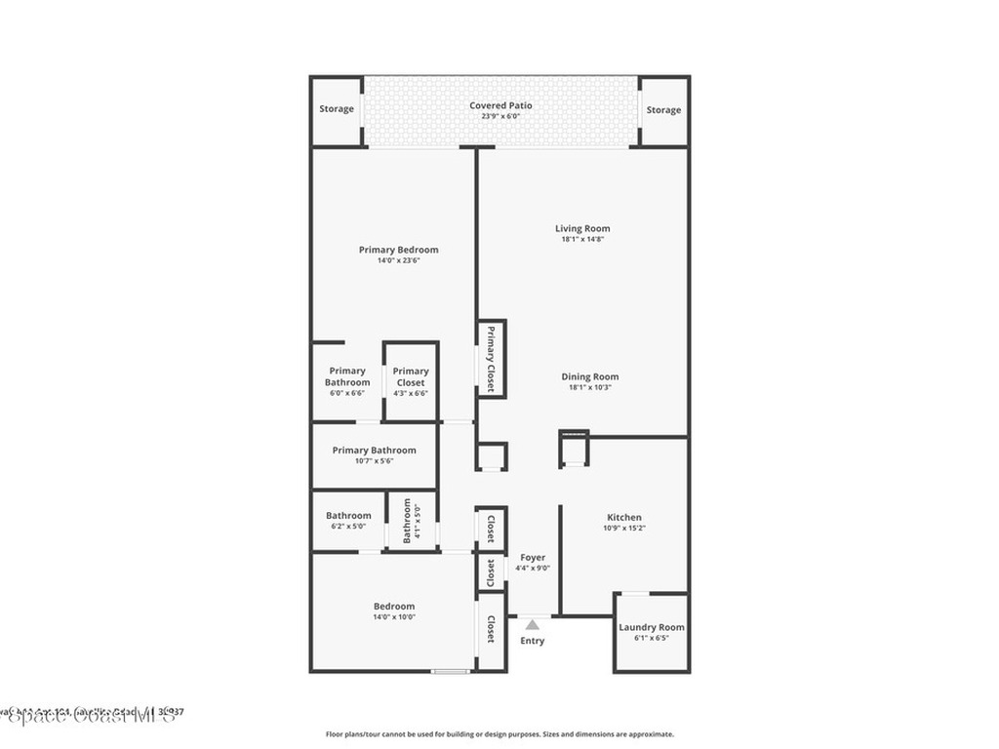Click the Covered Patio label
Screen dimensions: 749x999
(x=500, y=105)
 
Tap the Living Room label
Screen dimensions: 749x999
(x=582, y=229)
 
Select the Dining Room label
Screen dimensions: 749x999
(x=589, y=377)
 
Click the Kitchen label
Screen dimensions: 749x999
(x=624, y=518)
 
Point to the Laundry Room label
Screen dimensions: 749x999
(x=652, y=627)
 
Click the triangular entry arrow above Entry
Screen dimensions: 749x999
(x=532, y=624)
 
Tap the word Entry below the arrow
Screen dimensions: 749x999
(x=532, y=641)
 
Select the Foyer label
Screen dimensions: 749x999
(x=533, y=558)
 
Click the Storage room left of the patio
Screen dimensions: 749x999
(x=337, y=109)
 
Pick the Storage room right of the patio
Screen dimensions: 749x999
(x=663, y=110)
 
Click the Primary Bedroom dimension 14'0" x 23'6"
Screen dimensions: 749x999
(x=398, y=260)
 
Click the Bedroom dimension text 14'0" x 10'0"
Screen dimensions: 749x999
(x=394, y=616)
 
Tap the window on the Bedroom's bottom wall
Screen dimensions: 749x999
(x=451, y=671)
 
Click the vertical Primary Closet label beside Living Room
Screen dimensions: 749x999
(x=491, y=360)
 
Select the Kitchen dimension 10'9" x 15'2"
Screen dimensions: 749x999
(x=624, y=528)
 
